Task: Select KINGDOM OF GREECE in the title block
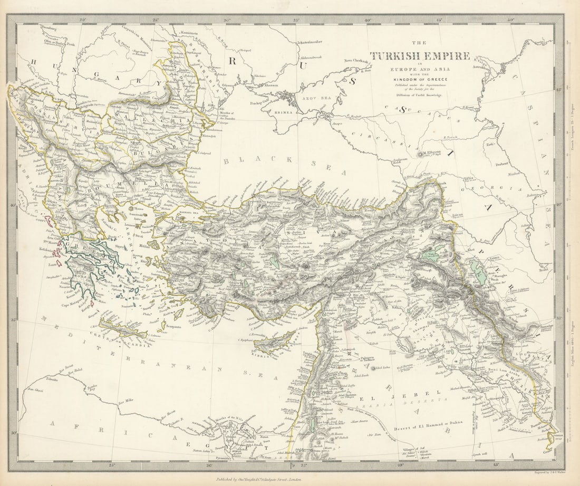(420, 79)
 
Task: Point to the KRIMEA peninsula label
(278, 112)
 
